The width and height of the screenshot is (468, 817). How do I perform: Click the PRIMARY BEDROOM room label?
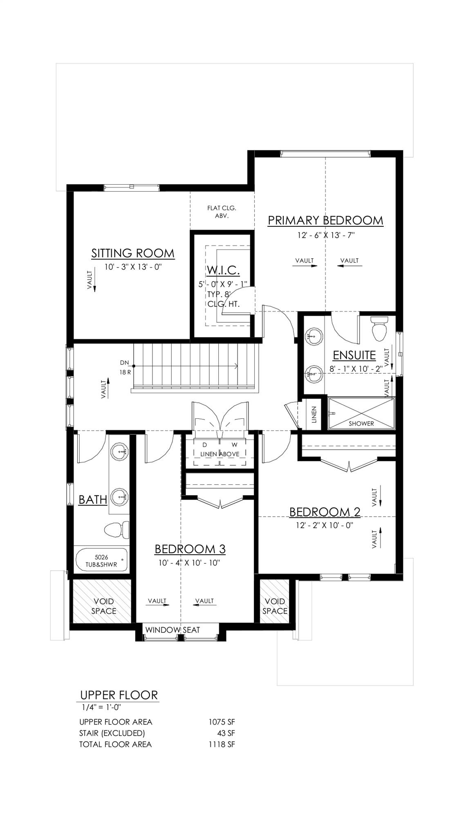[325, 220]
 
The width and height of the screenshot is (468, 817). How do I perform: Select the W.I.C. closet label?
[223, 270]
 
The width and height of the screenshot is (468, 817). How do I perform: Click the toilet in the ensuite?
[379, 329]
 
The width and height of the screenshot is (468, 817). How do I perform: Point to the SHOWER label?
[361, 423]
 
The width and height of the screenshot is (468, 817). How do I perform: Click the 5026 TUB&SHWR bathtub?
[101, 560]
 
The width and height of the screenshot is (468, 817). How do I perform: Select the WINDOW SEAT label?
[172, 630]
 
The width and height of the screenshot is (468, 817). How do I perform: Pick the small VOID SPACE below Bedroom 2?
[274, 606]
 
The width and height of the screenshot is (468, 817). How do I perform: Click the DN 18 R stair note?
[125, 367]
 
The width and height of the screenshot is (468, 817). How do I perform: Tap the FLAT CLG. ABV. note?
[222, 212]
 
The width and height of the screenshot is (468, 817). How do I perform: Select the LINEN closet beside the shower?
[313, 414]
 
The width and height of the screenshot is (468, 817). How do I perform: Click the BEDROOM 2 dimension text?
[325, 525]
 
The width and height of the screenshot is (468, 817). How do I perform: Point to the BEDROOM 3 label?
[190, 549]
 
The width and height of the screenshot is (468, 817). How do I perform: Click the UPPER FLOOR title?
[119, 695]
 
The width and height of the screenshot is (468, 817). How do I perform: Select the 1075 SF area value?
[222, 722]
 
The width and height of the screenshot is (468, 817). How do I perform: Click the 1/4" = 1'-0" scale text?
[99, 707]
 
